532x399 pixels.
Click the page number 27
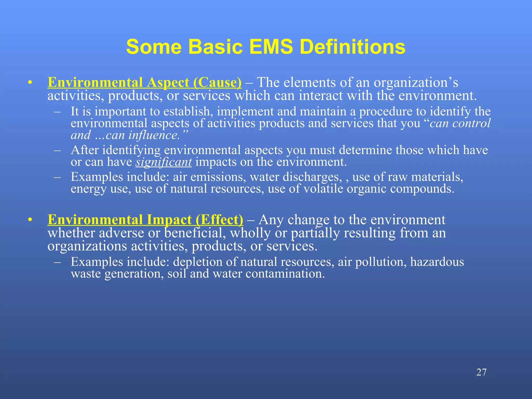pyautogui.click(x=481, y=372)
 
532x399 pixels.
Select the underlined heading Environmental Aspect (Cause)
pyautogui.click(x=144, y=83)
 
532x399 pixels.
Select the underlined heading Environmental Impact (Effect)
pyautogui.click(x=145, y=220)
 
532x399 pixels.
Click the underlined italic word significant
pyautogui.click(x=164, y=162)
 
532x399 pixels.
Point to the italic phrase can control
pyautogui.click(x=460, y=123)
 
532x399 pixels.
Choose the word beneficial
pyautogui.click(x=195, y=233)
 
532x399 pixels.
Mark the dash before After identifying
pyautogui.click(x=57, y=150)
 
